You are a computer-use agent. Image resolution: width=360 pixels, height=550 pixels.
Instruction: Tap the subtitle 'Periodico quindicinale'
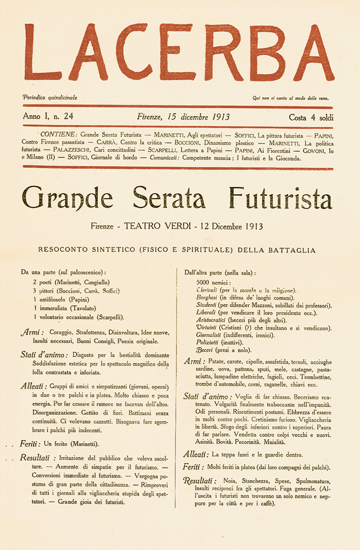(49, 97)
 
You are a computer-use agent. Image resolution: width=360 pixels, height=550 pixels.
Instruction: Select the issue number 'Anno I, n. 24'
(52, 117)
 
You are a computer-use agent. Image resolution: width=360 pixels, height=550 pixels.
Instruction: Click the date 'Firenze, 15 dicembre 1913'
(183, 117)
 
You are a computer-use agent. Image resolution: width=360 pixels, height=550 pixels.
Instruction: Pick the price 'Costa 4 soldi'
(311, 117)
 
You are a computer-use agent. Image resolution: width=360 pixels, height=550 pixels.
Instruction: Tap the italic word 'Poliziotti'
(209, 342)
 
